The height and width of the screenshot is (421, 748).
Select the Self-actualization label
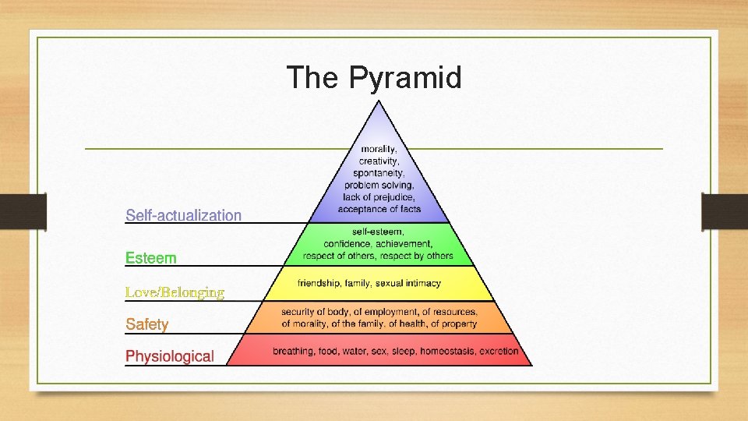(184, 215)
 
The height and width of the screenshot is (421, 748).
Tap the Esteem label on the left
(151, 257)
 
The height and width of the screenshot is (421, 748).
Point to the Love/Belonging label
(175, 292)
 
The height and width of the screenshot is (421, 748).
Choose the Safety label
(147, 324)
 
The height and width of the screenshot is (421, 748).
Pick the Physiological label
(170, 356)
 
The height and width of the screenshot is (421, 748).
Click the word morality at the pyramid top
(379, 149)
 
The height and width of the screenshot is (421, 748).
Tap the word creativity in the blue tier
(379, 161)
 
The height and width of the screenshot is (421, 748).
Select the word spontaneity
(379, 173)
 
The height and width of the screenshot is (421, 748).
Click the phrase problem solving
(379, 185)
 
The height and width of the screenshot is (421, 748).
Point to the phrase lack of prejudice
(379, 196)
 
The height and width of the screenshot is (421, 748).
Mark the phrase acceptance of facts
(379, 209)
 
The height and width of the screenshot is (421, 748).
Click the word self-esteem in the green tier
(378, 232)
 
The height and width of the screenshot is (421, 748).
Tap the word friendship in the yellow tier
(320, 283)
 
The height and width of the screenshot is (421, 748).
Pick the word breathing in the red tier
(294, 352)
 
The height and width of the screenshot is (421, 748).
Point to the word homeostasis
(447, 352)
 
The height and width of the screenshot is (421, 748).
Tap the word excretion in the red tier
(499, 352)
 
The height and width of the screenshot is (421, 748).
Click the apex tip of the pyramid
(379, 101)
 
